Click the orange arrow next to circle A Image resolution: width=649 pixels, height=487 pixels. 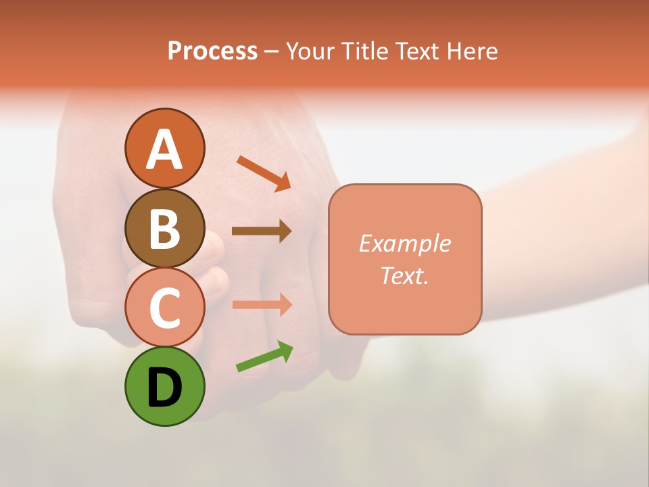click(264, 172)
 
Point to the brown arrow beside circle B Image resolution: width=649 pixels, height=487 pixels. click(262, 231)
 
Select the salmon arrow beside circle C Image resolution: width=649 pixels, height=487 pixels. click(262, 304)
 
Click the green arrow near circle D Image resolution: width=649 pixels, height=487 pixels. click(264, 356)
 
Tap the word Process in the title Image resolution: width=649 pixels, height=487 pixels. click(212, 51)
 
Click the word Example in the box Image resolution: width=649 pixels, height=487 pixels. click(404, 243)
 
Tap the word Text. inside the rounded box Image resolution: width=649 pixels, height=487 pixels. click(404, 276)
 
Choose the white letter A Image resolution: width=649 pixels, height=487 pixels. click(164, 149)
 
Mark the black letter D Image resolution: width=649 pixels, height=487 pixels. click(164, 388)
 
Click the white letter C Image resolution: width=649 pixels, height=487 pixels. click(164, 308)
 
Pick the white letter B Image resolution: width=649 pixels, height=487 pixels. click(164, 229)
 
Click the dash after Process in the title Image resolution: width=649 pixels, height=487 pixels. click(272, 52)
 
